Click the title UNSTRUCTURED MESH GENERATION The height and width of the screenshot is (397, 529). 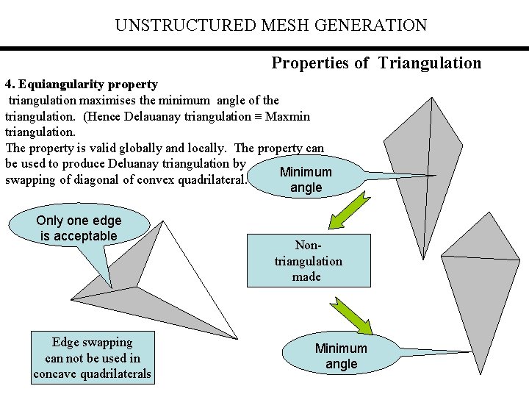coord(270,26)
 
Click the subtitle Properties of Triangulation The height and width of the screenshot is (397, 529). coord(376,62)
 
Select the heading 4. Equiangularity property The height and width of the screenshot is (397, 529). coord(81,85)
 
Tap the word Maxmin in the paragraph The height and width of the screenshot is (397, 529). coord(287,116)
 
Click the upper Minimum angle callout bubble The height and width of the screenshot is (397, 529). coord(306,179)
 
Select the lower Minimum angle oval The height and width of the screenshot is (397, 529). coord(340,357)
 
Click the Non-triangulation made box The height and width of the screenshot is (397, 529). coord(308,260)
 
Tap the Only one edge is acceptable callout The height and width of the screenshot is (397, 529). coord(79,229)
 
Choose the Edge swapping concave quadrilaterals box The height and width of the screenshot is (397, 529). coord(92,358)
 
